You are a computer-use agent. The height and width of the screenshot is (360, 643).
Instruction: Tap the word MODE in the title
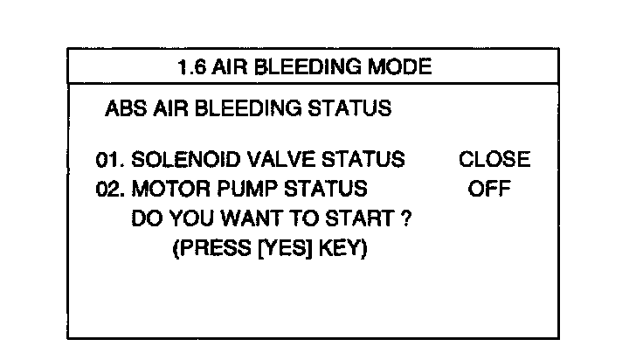[x=404, y=66]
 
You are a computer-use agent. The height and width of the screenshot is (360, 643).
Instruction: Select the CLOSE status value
[x=494, y=160]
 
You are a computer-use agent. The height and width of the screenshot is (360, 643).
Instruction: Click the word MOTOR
[x=164, y=190]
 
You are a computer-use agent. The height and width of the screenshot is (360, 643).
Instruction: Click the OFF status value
[x=489, y=190]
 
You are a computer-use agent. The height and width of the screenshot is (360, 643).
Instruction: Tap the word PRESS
[x=207, y=249]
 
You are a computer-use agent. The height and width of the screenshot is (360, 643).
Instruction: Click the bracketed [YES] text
[x=280, y=249]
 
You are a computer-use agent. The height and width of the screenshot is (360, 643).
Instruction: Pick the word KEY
[x=343, y=249]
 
